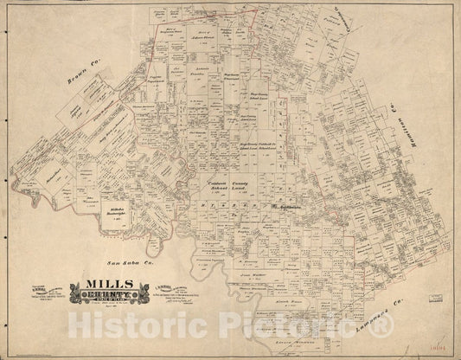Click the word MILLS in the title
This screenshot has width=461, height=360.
tap(108, 283)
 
